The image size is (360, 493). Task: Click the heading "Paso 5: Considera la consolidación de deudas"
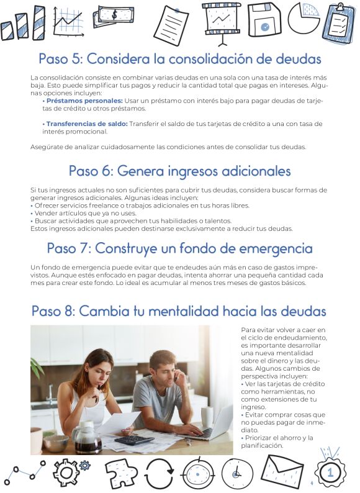coord(179,59)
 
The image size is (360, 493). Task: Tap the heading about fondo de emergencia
coord(179,248)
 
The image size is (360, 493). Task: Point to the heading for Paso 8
coord(179,310)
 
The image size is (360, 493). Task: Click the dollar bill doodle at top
coord(113,17)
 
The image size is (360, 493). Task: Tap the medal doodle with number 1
coord(330,472)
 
